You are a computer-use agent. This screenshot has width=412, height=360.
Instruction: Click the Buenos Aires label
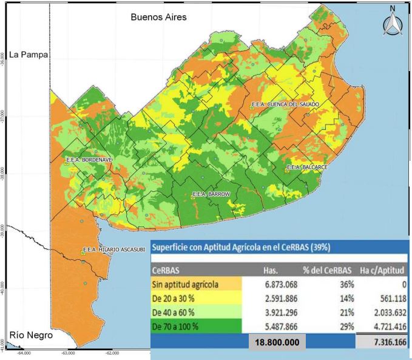(158, 18)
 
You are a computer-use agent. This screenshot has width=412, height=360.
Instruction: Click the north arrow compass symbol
(393, 22)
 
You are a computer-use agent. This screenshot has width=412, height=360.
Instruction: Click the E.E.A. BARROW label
(211, 194)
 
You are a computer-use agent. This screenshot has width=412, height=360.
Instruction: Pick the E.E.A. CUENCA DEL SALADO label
(285, 105)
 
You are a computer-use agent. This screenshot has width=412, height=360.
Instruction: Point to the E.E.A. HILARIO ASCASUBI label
(115, 250)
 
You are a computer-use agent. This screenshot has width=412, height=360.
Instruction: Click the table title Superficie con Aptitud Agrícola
(241, 248)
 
